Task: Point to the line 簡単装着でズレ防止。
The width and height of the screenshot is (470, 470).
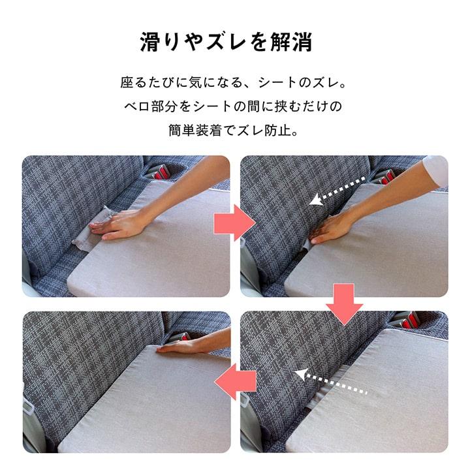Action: click(234, 129)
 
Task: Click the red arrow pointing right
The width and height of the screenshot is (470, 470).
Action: click(233, 223)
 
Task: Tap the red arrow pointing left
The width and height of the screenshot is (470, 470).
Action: click(234, 380)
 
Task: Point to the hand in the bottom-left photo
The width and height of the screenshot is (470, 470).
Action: click(183, 347)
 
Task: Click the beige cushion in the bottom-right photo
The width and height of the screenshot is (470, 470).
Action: click(392, 392)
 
